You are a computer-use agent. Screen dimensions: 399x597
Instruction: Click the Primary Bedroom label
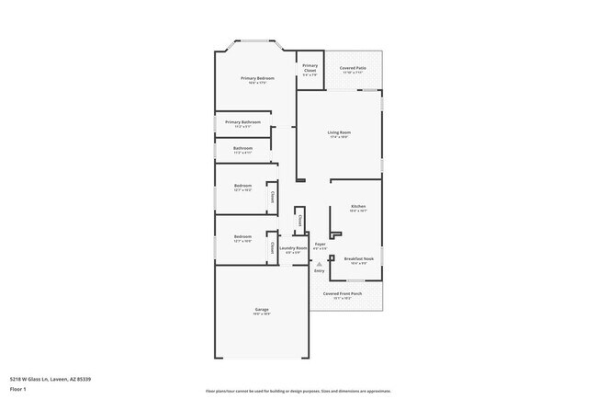(257, 78)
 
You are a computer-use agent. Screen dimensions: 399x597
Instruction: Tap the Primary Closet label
(310, 67)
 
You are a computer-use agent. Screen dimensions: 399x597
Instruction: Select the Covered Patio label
(353, 68)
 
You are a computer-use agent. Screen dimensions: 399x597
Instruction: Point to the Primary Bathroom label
(242, 122)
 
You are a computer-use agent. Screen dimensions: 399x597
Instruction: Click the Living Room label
(339, 132)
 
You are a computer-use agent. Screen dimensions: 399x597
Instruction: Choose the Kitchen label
(359, 206)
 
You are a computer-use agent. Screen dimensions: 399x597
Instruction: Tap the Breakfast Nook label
(359, 258)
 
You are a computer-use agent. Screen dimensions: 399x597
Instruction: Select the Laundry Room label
(293, 248)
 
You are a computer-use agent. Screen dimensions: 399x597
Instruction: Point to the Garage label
(262, 309)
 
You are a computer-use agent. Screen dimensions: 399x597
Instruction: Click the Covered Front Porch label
(342, 293)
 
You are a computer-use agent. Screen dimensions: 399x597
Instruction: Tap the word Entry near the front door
(320, 271)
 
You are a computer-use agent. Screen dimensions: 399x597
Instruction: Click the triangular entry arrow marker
(320, 264)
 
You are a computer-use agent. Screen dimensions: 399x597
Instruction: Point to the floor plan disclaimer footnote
(298, 391)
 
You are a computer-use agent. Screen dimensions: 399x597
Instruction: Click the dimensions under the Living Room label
(339, 138)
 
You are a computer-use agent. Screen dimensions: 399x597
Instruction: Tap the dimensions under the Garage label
(262, 314)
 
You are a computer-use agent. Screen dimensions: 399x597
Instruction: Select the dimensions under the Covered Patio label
(353, 74)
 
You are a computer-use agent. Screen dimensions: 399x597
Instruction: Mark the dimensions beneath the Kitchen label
(359, 211)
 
